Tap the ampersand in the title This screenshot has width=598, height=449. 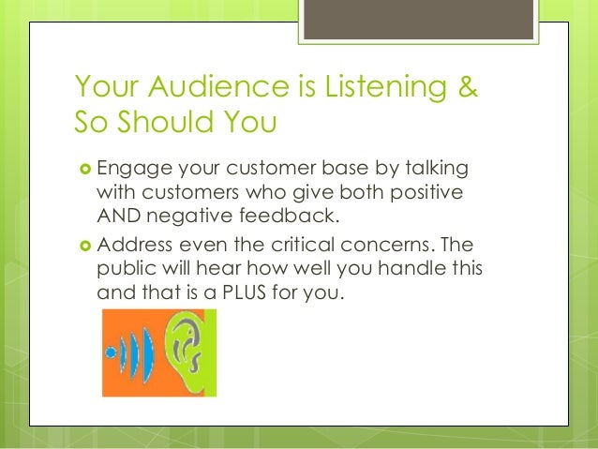[x=465, y=88]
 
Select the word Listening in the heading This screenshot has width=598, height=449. [x=373, y=88]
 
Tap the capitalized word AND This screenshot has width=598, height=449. [x=117, y=217]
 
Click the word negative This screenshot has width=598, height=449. [x=184, y=217]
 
